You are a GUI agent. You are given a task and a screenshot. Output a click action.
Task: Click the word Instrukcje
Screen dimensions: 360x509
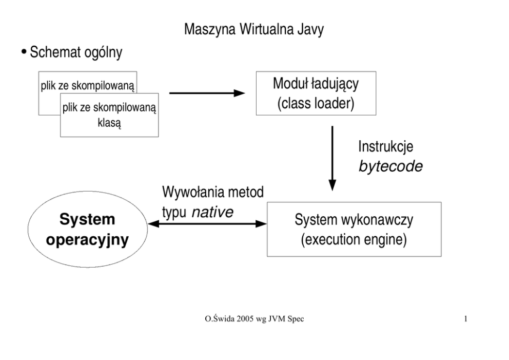(386, 148)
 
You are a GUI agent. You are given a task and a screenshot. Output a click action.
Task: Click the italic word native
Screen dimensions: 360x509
(212, 212)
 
